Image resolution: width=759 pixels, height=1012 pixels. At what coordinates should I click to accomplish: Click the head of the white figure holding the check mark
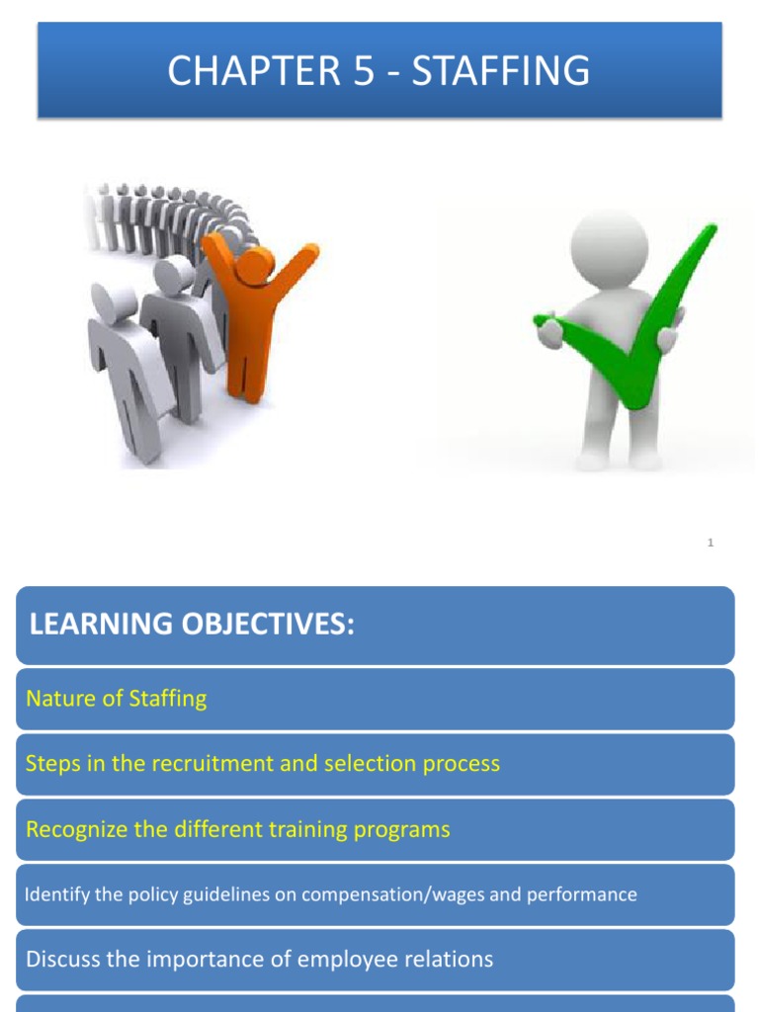tap(608, 242)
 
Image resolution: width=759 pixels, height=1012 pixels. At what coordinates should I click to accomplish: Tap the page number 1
tap(711, 543)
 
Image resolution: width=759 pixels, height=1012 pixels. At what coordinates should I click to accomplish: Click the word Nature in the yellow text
tap(56, 699)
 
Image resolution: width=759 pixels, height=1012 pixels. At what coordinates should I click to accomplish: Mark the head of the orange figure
tap(254, 262)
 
